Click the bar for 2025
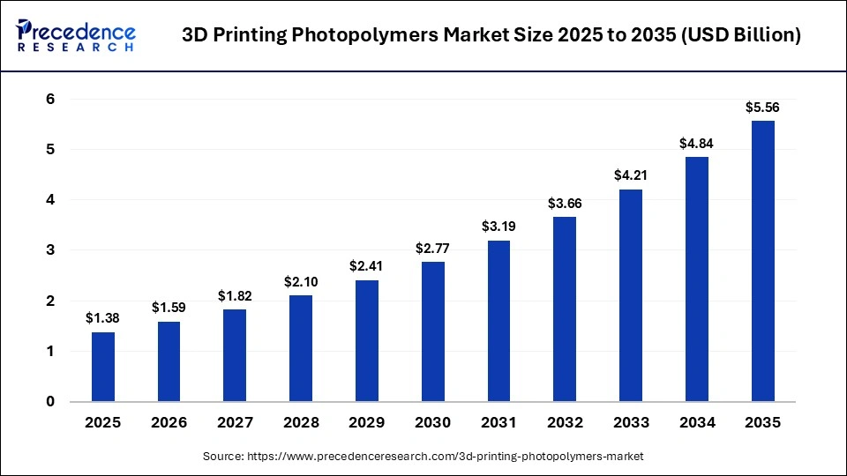coord(103,367)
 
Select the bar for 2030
coord(432,331)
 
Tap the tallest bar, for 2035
coord(762,261)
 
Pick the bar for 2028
coord(301,348)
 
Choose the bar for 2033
coord(631,295)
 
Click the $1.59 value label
coord(169,308)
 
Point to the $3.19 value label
coord(498,227)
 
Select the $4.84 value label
coord(696,143)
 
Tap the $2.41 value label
coord(367,266)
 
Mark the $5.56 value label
coord(762,107)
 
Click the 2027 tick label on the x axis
coord(235,422)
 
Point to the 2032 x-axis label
coord(565,422)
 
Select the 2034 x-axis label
coord(696,422)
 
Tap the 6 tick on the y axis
coord(51,100)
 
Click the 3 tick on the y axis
coord(51,250)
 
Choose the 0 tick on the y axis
coord(51,402)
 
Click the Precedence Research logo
coord(76,35)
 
